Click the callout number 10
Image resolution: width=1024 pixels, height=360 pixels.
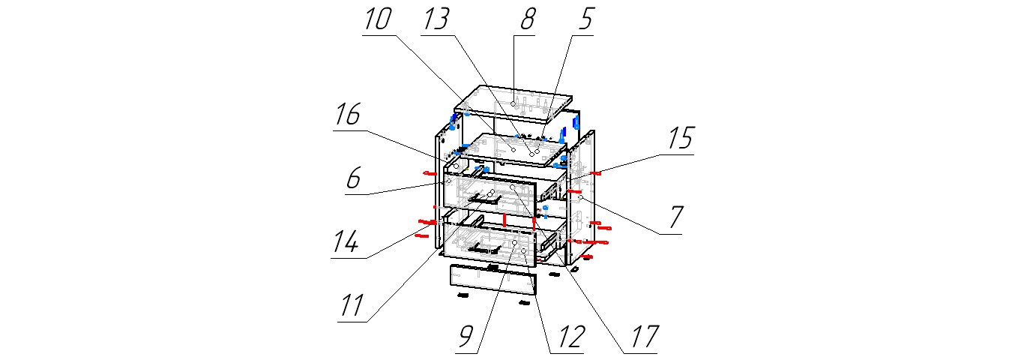click(x=378, y=19)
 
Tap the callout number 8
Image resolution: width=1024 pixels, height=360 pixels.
click(x=528, y=19)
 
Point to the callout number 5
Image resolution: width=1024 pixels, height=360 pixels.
click(x=585, y=19)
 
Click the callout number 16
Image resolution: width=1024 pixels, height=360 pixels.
click(x=348, y=115)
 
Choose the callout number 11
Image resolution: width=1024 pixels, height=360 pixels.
click(x=352, y=306)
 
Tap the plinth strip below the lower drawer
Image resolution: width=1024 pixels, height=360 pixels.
click(x=493, y=279)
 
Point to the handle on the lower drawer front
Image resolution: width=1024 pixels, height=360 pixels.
click(x=485, y=247)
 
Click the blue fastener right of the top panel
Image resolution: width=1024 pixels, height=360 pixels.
click(x=576, y=121)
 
